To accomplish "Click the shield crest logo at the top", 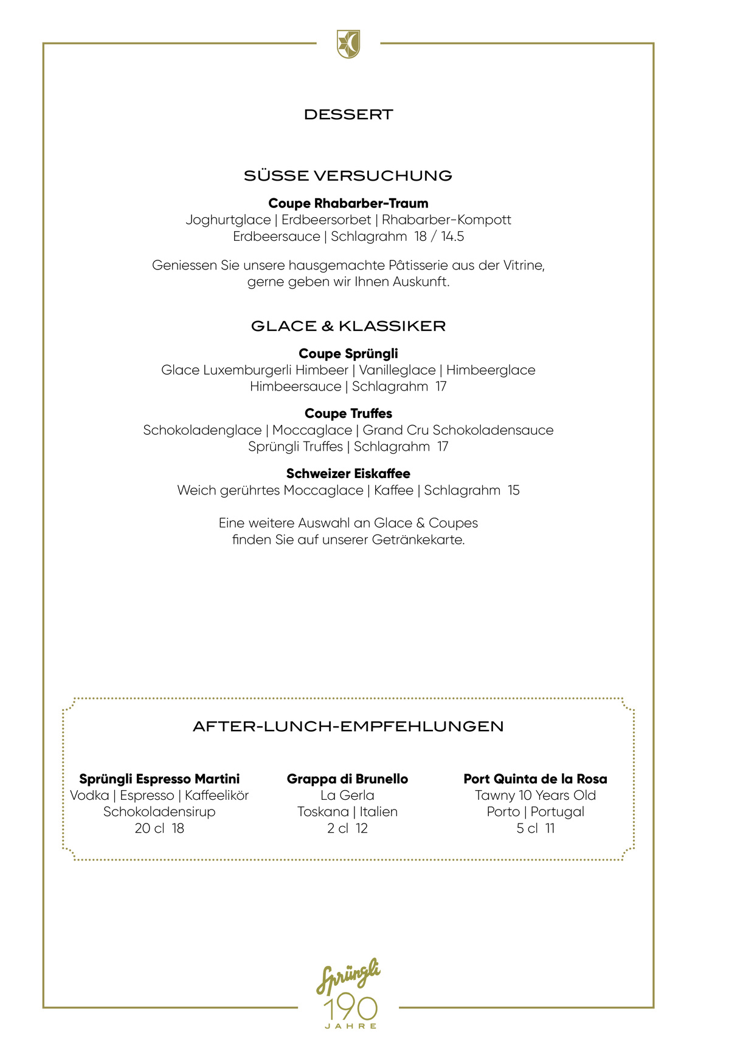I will pyautogui.click(x=348, y=44).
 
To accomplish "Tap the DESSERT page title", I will pyautogui.click(x=348, y=114).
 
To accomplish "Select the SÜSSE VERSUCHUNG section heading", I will pyautogui.click(x=348, y=176).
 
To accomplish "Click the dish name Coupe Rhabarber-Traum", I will pyautogui.click(x=348, y=203).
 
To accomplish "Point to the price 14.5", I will pyautogui.click(x=452, y=237).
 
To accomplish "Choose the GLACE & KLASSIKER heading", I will pyautogui.click(x=348, y=326).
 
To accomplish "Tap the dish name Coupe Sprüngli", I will pyautogui.click(x=348, y=353).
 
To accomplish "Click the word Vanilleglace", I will pyautogui.click(x=397, y=370).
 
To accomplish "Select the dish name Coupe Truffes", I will pyautogui.click(x=348, y=414).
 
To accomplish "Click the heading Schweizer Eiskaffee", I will pyautogui.click(x=348, y=473).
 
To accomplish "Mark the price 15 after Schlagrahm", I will pyautogui.click(x=514, y=490).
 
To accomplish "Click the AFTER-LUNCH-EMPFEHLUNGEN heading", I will pyautogui.click(x=348, y=726).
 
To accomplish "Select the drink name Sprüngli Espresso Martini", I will pyautogui.click(x=159, y=779).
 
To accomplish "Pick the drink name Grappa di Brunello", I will pyautogui.click(x=347, y=779).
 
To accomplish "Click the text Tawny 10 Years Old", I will pyautogui.click(x=535, y=795).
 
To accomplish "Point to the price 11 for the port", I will pyautogui.click(x=550, y=828).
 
